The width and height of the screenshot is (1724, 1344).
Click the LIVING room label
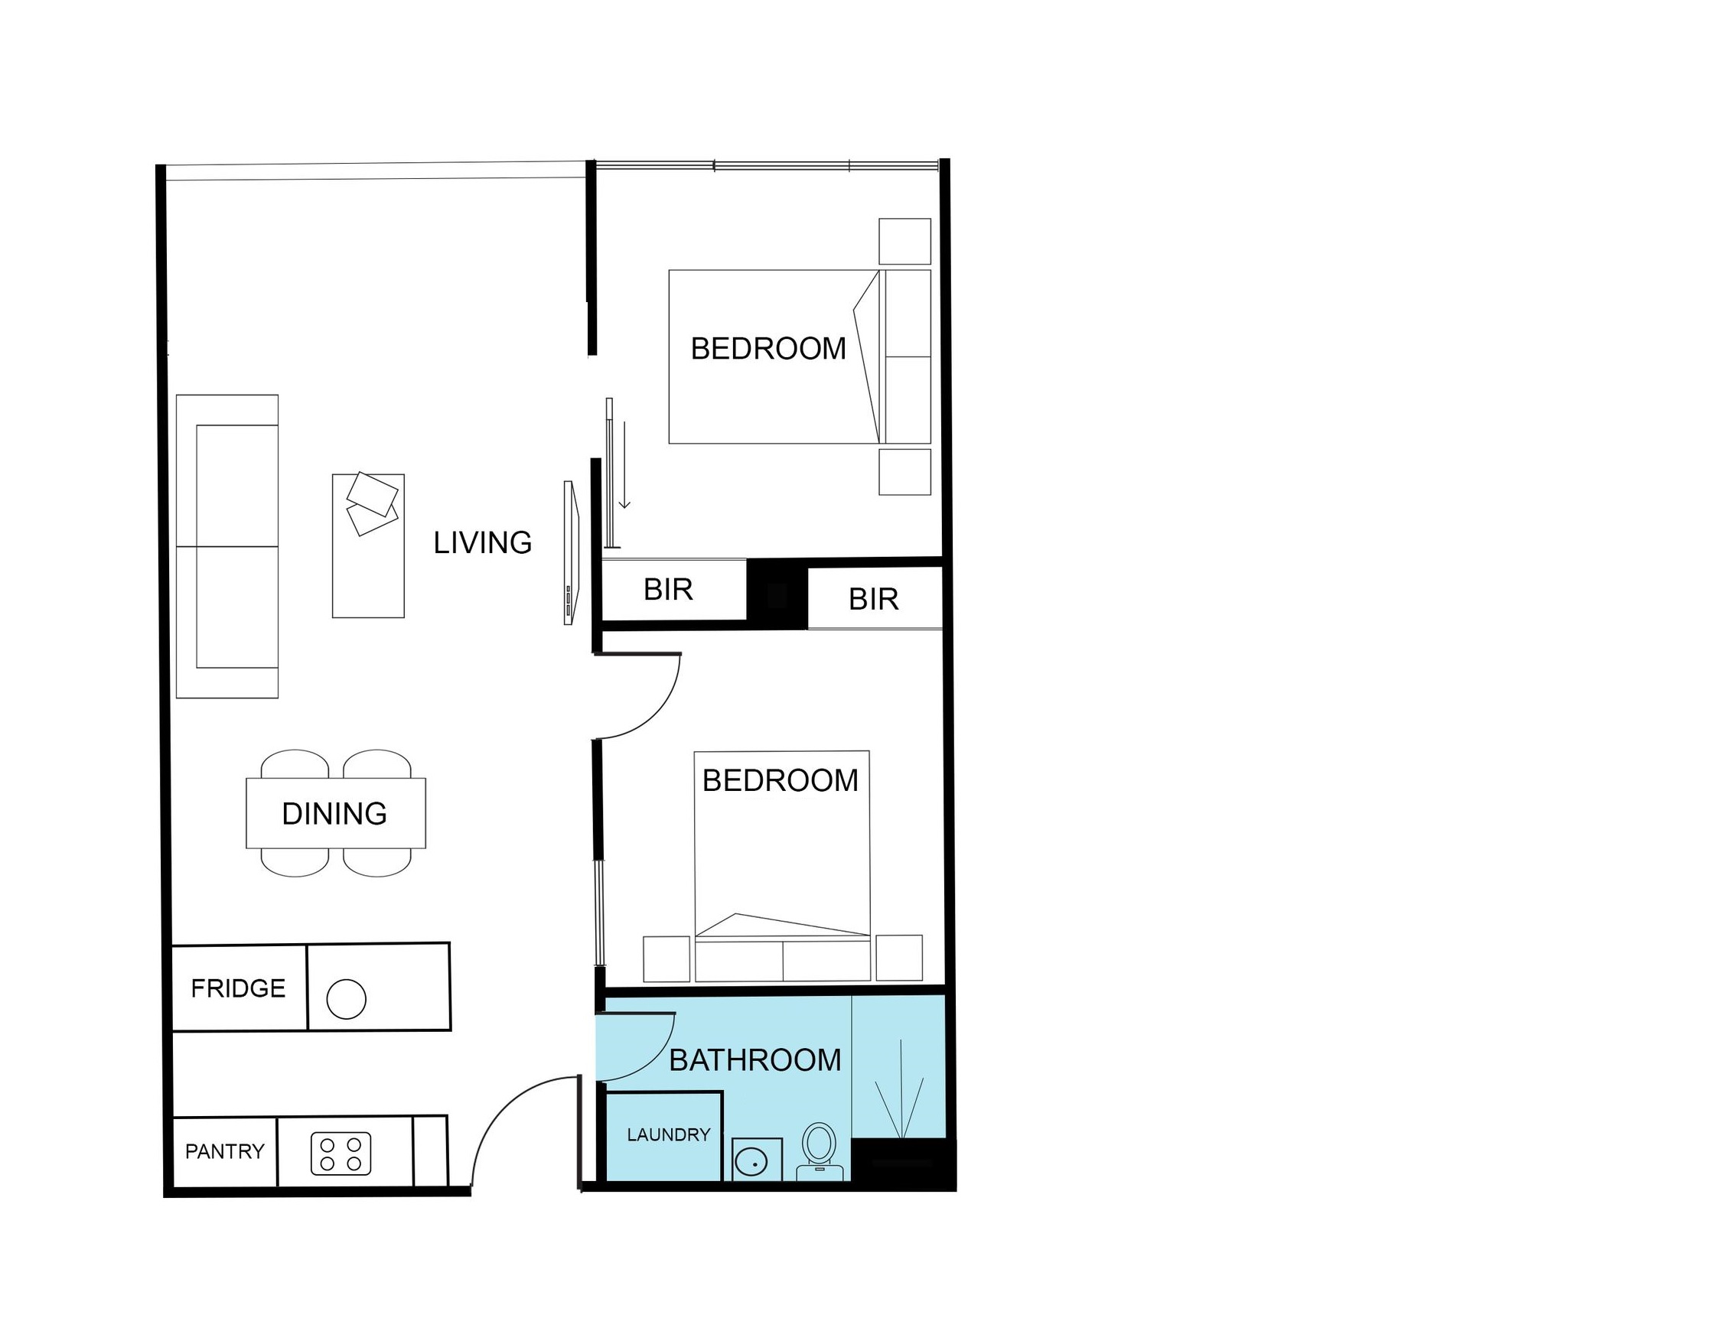tap(482, 542)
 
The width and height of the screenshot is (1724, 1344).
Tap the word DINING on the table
tap(334, 814)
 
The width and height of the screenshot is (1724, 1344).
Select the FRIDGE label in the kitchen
tap(238, 988)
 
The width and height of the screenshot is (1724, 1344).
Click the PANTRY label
tap(224, 1151)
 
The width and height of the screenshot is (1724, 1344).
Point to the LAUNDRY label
tap(669, 1135)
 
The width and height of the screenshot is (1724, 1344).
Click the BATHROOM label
tap(754, 1060)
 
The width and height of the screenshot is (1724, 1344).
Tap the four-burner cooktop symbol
tap(341, 1154)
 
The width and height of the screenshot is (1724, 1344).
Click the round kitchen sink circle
tap(347, 999)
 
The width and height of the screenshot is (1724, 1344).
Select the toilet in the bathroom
tap(820, 1151)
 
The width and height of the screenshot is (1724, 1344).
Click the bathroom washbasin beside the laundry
tap(757, 1160)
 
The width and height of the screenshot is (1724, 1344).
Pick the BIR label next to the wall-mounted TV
tap(668, 590)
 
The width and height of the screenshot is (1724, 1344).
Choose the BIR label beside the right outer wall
tap(873, 600)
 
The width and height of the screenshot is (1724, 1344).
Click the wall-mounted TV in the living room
tap(572, 552)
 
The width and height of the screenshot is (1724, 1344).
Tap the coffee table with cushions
tap(368, 545)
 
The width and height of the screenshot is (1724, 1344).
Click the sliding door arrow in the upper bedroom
tap(624, 465)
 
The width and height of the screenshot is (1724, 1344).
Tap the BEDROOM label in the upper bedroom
tap(768, 349)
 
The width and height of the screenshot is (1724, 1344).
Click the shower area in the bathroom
tap(898, 1067)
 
